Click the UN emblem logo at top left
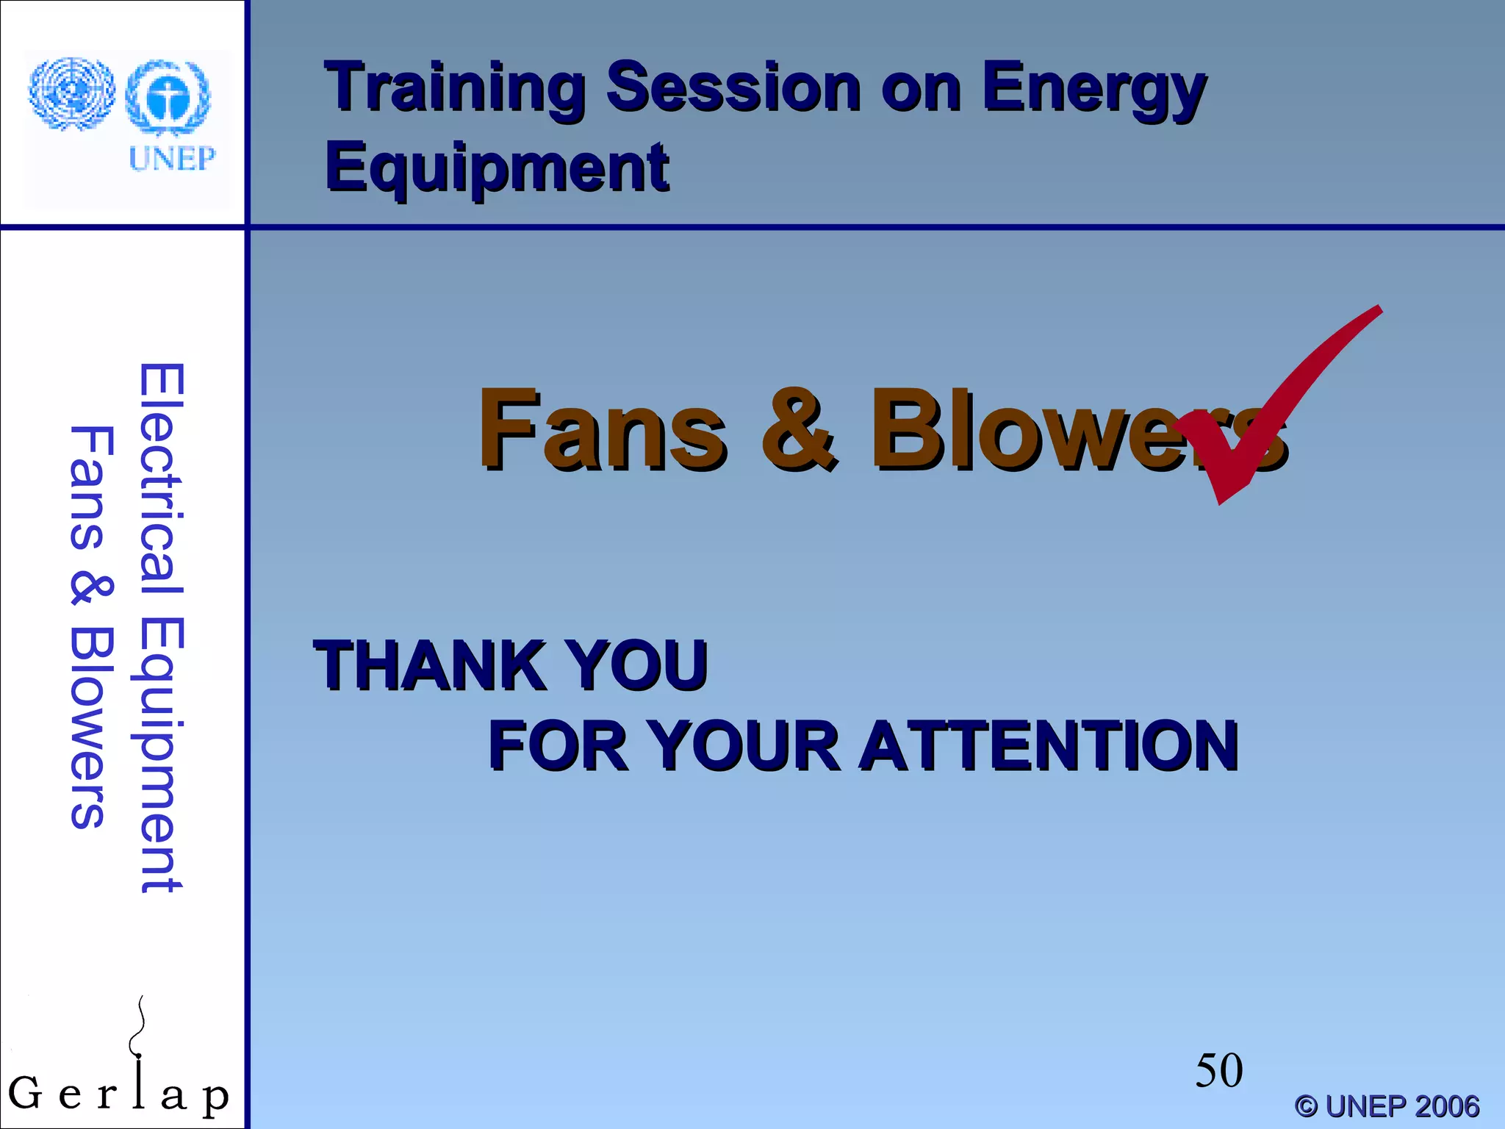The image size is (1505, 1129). coord(71,93)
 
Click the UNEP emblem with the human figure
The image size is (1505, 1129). coord(168,98)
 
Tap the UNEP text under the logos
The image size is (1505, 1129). coord(172,159)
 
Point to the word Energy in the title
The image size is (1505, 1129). coord(1093,88)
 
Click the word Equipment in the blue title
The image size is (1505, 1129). coord(498,168)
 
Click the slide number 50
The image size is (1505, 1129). coord(1218,1070)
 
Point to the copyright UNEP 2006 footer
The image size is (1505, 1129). coord(1387,1105)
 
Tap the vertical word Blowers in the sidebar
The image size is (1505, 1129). coord(92,728)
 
